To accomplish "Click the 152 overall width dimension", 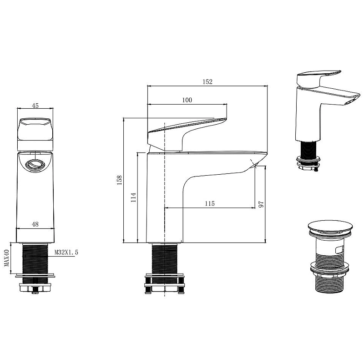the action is click(207, 82).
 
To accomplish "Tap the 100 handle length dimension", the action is click(187, 100).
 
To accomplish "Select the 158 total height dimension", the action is click(119, 180).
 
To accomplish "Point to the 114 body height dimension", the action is click(133, 197).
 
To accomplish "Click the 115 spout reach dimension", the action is click(210, 203).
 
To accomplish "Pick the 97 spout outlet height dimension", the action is click(261, 204).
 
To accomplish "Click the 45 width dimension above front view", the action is click(35, 106).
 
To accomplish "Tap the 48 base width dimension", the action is click(35, 224).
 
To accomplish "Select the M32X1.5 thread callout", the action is click(66, 252).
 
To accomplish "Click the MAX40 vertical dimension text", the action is click(7, 258).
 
